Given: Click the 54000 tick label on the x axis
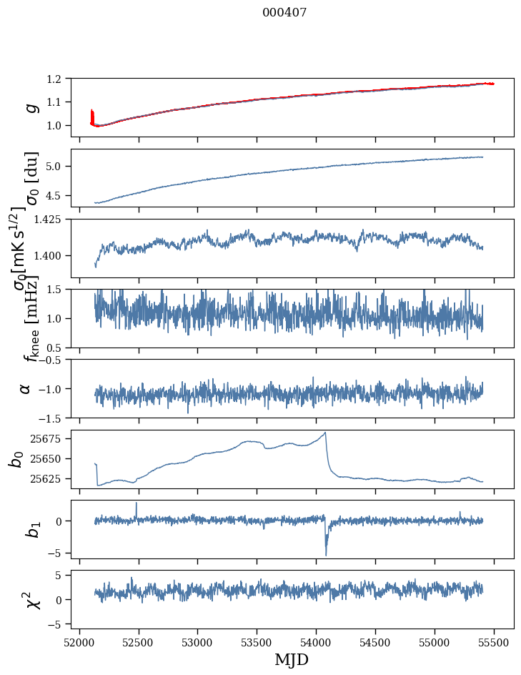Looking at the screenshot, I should (317, 641).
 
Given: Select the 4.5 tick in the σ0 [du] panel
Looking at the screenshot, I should (61, 195).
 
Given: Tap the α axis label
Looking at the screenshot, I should (26, 388).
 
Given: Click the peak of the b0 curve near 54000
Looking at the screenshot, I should (325, 433).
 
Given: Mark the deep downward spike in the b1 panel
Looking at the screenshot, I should (326, 554).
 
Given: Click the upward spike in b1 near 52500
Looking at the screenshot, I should (137, 503).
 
